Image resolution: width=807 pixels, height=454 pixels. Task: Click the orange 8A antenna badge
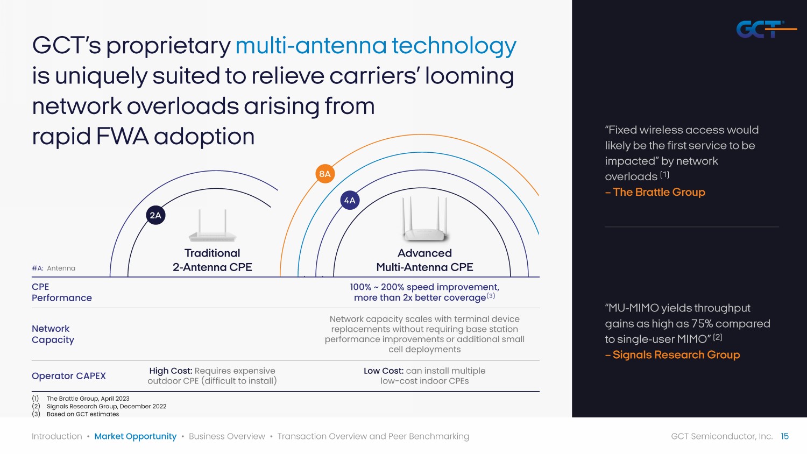324,174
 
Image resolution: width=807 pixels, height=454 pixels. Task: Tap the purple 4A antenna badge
350,200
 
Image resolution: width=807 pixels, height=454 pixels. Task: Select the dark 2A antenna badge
155,216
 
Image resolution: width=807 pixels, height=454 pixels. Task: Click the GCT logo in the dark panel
766,29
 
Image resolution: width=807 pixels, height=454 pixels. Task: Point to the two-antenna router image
212,225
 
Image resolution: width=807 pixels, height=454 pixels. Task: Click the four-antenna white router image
424,219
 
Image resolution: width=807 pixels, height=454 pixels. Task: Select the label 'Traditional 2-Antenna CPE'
212,260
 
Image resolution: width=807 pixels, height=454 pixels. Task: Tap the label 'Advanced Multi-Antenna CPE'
424,260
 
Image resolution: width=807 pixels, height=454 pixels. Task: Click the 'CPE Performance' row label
62,292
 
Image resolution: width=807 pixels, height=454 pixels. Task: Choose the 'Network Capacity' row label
53,334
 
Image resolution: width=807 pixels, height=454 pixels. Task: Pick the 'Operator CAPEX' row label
69,376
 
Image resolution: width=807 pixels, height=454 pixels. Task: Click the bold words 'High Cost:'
171,371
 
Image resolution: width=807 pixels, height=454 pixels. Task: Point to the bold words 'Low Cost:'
383,371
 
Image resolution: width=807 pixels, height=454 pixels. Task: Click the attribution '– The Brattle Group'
655,192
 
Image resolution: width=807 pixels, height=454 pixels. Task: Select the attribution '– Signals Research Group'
672,354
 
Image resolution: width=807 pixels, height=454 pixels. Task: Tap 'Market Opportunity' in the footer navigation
136,436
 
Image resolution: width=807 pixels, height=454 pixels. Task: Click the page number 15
784,436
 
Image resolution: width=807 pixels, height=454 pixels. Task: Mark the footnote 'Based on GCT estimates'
83,414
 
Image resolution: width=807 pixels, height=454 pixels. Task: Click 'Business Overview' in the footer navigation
227,436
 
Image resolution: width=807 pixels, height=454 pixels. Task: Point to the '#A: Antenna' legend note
53,268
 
